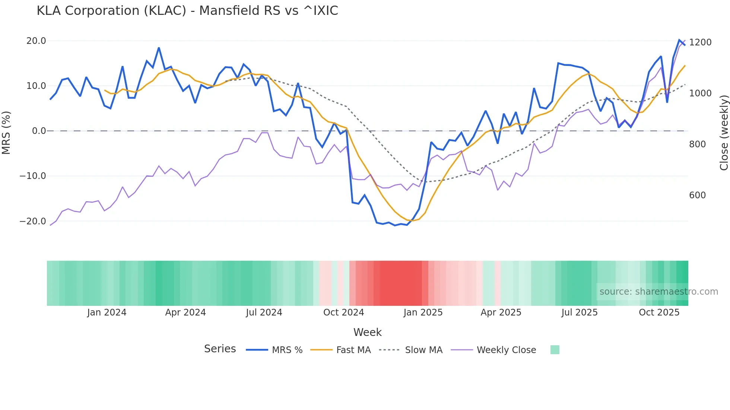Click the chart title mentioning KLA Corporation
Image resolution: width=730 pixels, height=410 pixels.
coord(187,11)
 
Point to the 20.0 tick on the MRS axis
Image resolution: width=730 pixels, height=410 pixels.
coord(36,41)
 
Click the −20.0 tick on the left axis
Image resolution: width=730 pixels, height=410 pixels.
coord(33,221)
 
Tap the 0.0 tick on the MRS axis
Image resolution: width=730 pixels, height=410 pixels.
coord(39,131)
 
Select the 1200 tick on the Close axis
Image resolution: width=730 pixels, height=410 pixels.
coord(700,42)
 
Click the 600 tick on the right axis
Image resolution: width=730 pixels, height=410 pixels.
coord(697,195)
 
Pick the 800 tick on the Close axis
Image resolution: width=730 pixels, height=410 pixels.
coord(697,144)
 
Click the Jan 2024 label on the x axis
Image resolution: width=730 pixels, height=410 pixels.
coord(107,313)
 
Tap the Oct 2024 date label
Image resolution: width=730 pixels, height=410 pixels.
coord(343,313)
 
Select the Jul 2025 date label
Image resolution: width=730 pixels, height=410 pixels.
coord(579,313)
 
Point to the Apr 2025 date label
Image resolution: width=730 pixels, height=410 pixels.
coord(501,313)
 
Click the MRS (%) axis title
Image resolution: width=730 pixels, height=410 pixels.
coord(6,132)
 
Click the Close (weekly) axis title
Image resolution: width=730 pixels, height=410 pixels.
coord(724,133)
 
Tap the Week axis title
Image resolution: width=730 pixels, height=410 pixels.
coord(367,332)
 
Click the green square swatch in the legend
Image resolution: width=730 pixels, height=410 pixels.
coord(555,350)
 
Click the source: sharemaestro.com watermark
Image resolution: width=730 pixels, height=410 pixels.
coord(658,292)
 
